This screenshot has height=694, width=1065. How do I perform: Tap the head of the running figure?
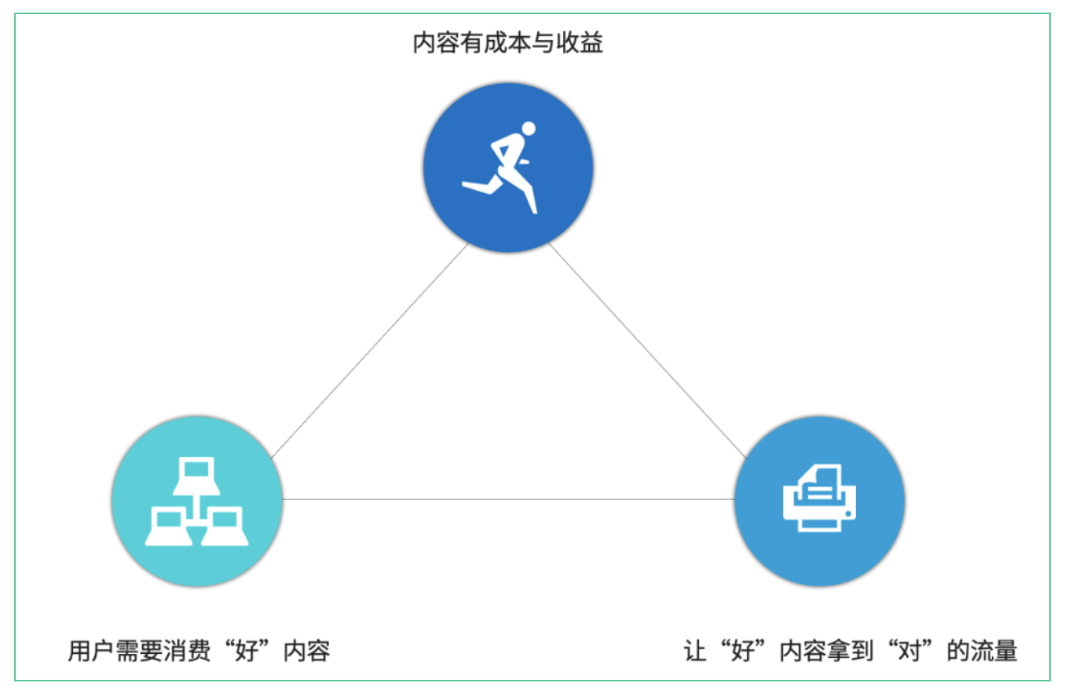click(529, 129)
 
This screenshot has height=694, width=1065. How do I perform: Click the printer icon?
click(819, 498)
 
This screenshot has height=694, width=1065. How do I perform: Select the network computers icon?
click(196, 501)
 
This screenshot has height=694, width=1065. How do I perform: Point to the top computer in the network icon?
click(196, 476)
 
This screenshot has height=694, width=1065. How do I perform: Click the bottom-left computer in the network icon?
click(169, 526)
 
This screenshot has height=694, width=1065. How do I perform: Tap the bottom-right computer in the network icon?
click(225, 526)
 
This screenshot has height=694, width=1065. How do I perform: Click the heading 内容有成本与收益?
click(507, 42)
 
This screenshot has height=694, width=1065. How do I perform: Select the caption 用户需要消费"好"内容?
click(199, 651)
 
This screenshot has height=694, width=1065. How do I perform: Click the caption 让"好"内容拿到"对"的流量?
click(851, 651)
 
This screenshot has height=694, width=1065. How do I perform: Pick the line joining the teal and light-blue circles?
click(508, 499)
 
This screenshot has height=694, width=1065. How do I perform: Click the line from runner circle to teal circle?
click(369, 351)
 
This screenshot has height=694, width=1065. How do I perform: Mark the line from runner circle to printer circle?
click(647, 350)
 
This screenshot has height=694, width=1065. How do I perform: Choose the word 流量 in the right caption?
click(994, 651)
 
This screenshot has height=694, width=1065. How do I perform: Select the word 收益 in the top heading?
click(580, 42)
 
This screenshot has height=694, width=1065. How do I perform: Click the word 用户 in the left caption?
click(91, 651)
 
